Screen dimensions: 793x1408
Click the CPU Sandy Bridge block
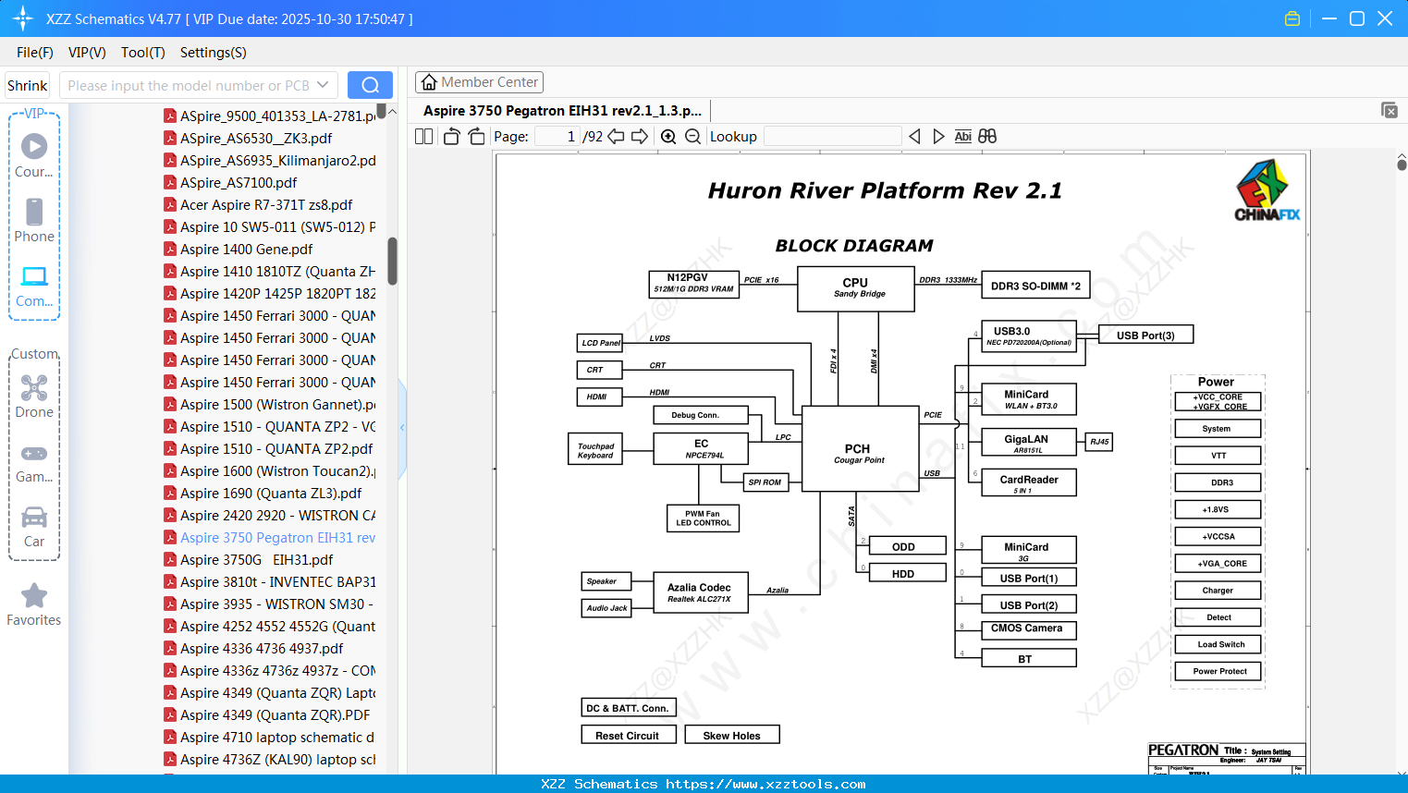point(855,287)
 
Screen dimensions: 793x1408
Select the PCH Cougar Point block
point(858,452)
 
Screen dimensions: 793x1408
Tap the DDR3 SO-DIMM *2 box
point(1035,286)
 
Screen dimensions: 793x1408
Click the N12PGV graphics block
point(693,282)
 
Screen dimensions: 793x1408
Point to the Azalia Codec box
point(699,592)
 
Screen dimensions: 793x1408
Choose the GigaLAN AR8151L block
point(1027,443)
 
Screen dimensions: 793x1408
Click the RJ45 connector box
point(1099,442)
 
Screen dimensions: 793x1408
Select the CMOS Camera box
point(1027,628)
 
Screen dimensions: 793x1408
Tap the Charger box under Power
point(1218,591)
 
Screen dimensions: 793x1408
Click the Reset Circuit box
point(628,736)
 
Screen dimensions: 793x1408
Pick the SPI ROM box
point(765,482)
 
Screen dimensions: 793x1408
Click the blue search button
point(370,85)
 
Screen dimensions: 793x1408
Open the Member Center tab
point(479,82)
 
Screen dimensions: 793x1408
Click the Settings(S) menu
point(213,53)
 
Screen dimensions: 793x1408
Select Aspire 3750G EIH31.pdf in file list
point(256,560)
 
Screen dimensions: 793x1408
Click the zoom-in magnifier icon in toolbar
point(668,137)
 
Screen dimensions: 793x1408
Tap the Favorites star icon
point(34,596)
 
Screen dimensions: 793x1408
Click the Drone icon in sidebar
point(34,388)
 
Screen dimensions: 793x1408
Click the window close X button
point(1384,18)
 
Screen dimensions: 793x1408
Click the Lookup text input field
point(832,137)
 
